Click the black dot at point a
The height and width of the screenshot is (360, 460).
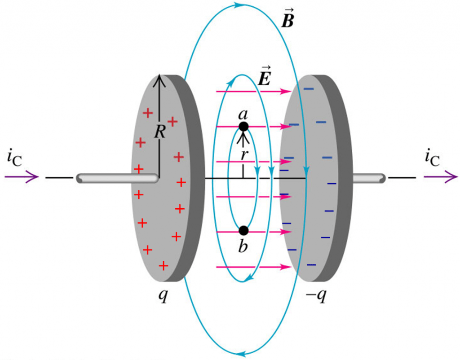(x=243, y=127)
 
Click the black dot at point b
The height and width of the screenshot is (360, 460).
(x=243, y=231)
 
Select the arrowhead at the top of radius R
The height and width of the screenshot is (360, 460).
(x=159, y=80)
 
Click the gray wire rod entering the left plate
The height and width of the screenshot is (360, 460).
(x=117, y=178)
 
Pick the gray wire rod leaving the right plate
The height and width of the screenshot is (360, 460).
(x=368, y=178)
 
